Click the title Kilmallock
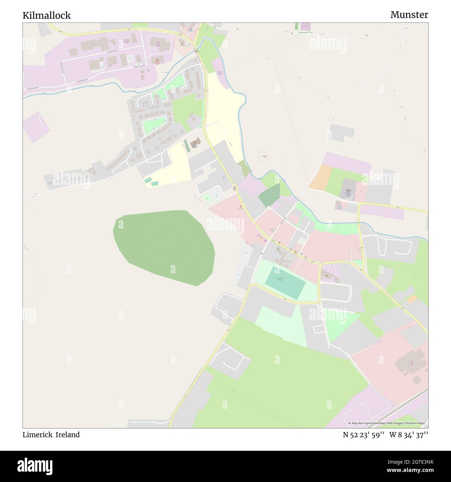(x=46, y=15)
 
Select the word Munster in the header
(x=409, y=15)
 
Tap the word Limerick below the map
(x=37, y=434)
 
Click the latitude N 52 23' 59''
(x=363, y=434)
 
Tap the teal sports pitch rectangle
(x=285, y=282)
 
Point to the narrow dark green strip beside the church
(x=187, y=146)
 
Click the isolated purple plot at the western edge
(x=36, y=127)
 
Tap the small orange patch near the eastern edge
(x=412, y=299)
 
